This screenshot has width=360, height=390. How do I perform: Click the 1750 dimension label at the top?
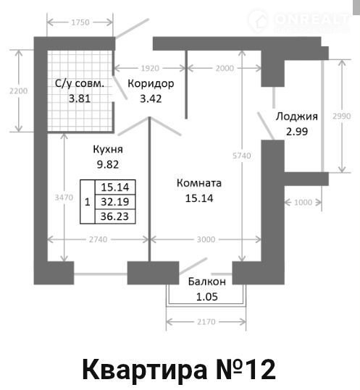(80, 22)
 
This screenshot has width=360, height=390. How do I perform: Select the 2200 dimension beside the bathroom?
(18, 90)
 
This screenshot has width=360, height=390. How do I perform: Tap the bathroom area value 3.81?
(80, 98)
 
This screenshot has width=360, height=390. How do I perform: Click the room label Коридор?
(151, 84)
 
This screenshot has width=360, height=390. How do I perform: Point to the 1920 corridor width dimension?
(150, 68)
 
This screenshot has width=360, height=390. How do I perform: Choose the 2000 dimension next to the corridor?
(225, 68)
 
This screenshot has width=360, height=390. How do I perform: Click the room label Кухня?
(108, 149)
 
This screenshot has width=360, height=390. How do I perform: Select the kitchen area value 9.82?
(108, 164)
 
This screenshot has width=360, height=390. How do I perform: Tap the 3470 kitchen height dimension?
(64, 198)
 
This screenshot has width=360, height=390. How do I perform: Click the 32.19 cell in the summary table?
(115, 202)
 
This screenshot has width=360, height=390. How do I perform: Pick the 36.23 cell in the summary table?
(114, 216)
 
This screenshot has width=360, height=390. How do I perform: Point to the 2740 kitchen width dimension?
(98, 239)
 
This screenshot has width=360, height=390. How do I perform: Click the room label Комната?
(199, 183)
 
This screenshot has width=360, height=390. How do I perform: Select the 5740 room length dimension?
(242, 156)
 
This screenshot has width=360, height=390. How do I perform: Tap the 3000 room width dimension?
(206, 239)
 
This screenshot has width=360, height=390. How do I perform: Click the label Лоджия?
(297, 116)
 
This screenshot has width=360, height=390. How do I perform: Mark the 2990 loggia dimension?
(342, 116)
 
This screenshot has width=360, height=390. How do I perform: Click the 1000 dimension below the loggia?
(303, 203)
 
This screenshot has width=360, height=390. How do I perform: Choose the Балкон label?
(207, 281)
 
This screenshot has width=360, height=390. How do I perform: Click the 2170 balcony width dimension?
(206, 322)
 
